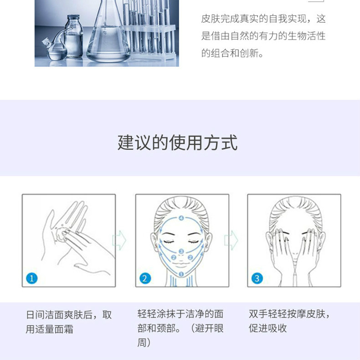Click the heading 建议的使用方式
coord(177,143)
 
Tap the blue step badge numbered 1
coord(32,278)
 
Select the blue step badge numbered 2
coord(145,278)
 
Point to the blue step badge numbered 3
coord(257,278)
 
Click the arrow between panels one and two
coord(119,240)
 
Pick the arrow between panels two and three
coord(231,240)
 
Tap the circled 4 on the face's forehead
coord(181,218)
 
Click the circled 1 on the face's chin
coord(181,274)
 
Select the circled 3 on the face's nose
coord(181,252)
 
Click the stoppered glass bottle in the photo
coord(74,36)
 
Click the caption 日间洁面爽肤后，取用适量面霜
coord(69,322)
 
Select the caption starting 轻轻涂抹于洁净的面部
coord(180,328)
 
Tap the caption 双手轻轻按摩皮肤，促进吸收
coord(289,321)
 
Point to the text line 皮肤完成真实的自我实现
coord(254,19)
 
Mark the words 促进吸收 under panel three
coord(267,328)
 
